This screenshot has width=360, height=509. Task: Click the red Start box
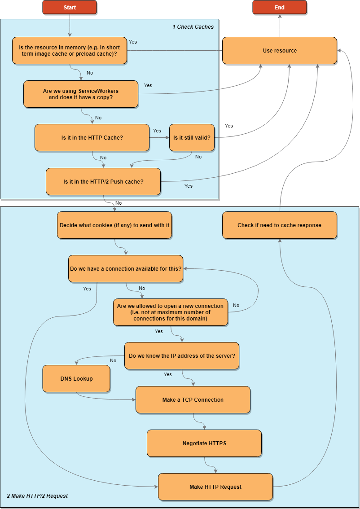click(x=70, y=7)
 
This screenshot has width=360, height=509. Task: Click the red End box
click(x=280, y=7)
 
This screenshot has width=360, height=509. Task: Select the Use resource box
click(x=280, y=51)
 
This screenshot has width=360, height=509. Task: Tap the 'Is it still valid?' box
click(x=192, y=137)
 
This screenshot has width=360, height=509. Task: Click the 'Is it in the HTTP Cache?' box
click(x=92, y=137)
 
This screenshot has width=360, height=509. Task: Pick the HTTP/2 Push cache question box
click(x=103, y=182)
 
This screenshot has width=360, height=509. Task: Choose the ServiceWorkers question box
click(x=81, y=94)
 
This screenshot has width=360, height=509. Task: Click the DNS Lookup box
click(x=76, y=378)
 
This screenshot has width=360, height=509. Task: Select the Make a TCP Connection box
click(x=193, y=399)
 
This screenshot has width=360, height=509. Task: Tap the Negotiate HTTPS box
click(x=204, y=443)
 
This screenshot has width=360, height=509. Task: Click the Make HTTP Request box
click(x=215, y=487)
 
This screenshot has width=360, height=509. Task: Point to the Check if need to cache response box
click(x=280, y=225)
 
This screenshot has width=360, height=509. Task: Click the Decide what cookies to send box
click(x=114, y=225)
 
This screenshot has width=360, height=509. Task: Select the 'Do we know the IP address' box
click(x=182, y=356)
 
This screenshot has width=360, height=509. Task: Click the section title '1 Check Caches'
click(x=193, y=27)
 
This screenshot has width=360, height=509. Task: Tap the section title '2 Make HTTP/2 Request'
click(x=37, y=496)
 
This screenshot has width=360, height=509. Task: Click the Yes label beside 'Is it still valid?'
click(x=229, y=126)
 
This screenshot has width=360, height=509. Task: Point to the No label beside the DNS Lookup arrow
click(x=113, y=360)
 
